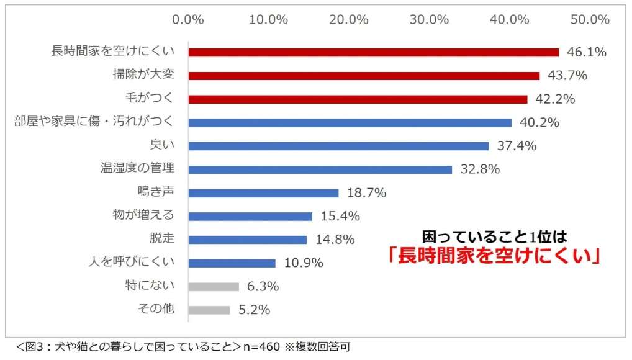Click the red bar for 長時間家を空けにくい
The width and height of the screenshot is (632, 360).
[x=373, y=52]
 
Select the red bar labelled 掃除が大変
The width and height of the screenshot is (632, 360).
[x=364, y=76]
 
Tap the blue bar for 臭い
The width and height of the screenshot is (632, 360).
[x=338, y=146]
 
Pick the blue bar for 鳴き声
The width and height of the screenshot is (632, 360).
[x=263, y=193]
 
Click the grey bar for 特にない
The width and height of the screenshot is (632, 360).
[x=214, y=287]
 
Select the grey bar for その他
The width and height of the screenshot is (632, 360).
[x=209, y=310]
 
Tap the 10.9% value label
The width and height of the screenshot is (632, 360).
[x=304, y=263]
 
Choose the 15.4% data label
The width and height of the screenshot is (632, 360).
[x=340, y=217]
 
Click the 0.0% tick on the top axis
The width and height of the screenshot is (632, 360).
[x=188, y=19]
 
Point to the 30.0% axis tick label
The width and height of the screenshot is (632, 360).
[x=429, y=19]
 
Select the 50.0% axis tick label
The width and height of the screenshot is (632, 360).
[x=590, y=19]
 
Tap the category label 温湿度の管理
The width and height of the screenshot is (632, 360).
[x=137, y=168]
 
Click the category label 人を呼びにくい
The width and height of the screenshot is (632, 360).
[x=132, y=263]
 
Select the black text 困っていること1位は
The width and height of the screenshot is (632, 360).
[x=495, y=236]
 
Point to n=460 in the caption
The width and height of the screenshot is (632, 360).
[x=261, y=347]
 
